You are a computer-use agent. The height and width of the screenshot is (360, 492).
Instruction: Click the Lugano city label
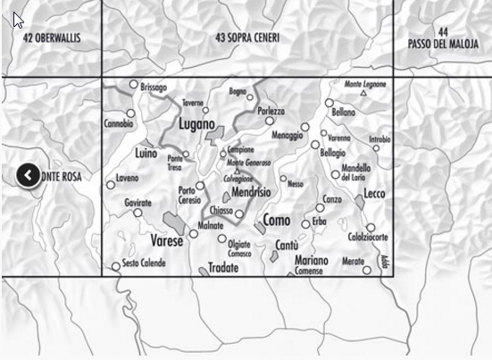coord(196,124)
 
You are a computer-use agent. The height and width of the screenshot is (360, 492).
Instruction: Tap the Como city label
coord(277,220)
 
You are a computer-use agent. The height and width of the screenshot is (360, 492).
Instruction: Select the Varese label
coord(165,241)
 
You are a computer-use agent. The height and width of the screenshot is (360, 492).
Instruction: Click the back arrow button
coord(28,175)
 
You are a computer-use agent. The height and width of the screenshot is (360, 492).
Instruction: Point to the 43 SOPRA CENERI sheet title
coord(247,38)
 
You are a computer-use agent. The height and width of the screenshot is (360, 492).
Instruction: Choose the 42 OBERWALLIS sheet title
coord(52,38)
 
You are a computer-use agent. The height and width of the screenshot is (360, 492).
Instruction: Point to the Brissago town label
coord(154,88)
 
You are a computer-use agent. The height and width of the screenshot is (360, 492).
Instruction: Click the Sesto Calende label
coord(143,263)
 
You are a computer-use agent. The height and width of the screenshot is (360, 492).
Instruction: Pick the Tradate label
coord(223,267)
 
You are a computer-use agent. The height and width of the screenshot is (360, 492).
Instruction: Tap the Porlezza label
coord(271,111)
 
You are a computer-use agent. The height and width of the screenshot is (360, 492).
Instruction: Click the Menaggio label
coord(287,135)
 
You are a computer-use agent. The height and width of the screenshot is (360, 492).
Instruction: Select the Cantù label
coord(288,244)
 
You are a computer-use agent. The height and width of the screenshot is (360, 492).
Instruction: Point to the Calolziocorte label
coord(368,237)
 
